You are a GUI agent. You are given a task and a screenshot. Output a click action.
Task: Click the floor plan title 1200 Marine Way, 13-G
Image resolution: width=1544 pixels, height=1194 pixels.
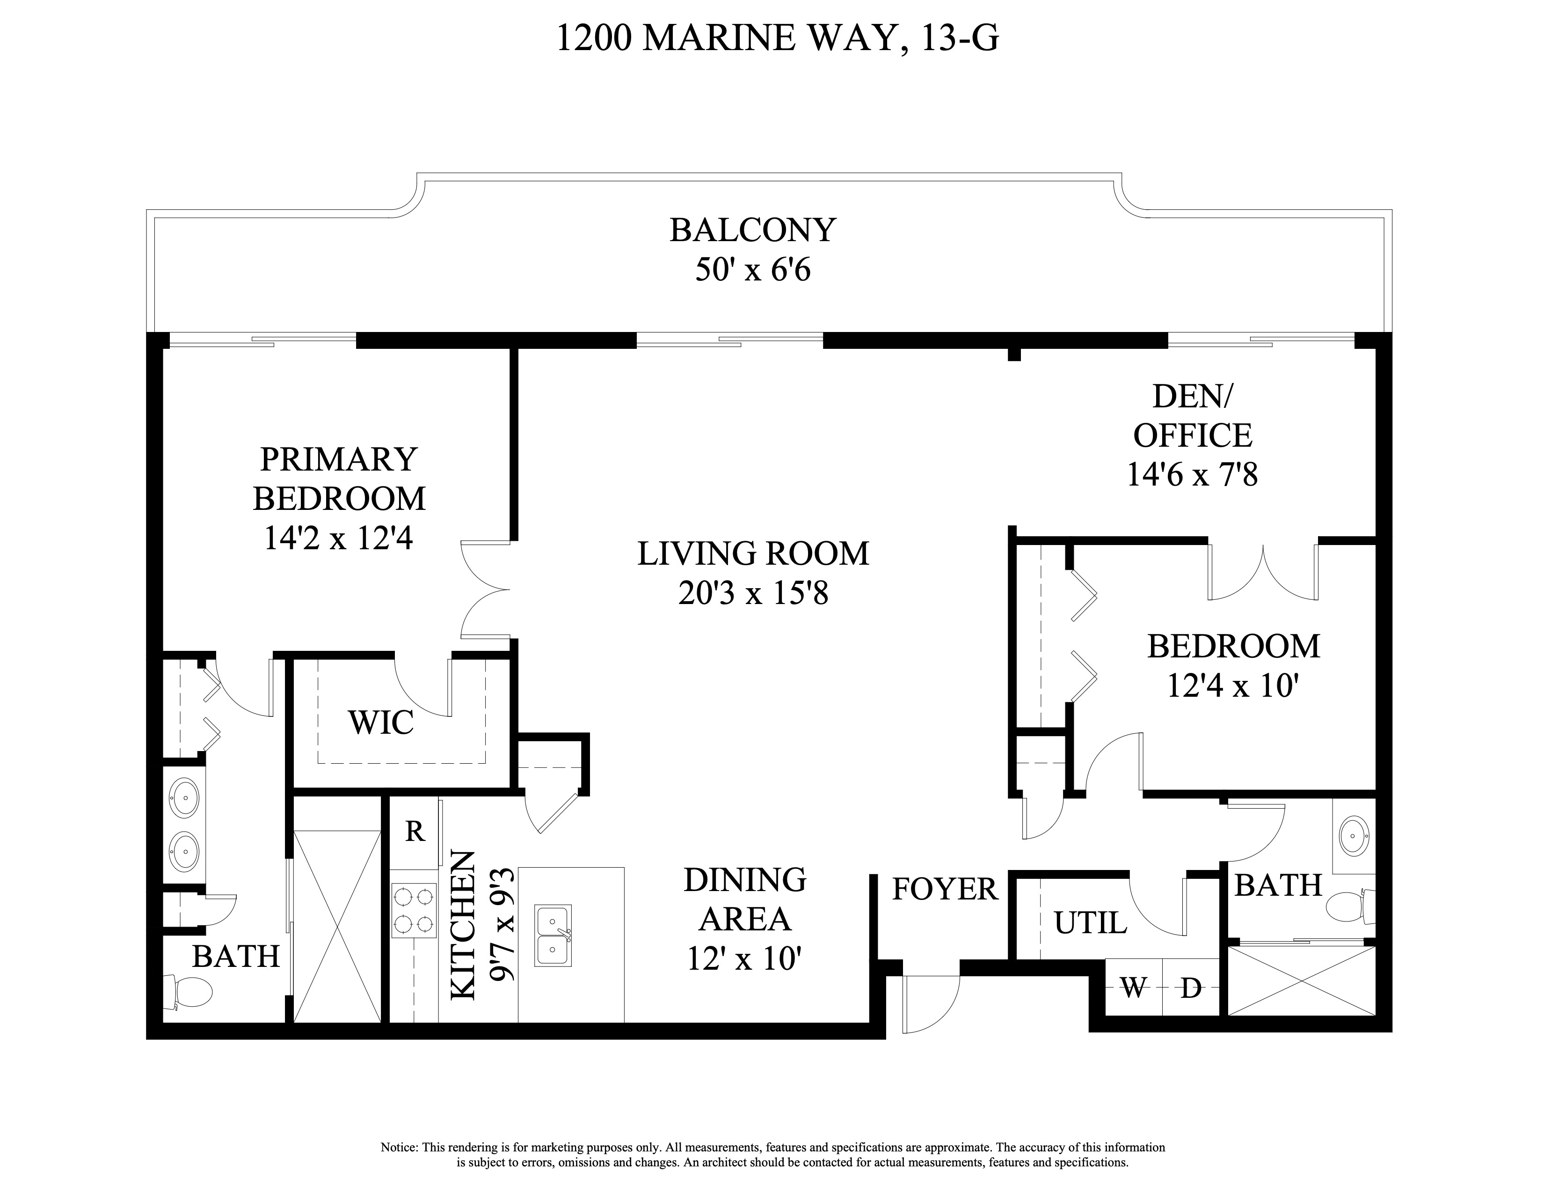(777, 38)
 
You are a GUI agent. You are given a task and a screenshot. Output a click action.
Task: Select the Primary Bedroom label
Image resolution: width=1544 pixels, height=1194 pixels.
(339, 479)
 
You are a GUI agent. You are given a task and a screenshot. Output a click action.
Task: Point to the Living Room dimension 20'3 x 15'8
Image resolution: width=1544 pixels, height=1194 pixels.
(752, 593)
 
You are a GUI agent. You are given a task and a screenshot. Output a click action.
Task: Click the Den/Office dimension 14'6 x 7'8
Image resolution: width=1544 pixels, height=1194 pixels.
(1192, 475)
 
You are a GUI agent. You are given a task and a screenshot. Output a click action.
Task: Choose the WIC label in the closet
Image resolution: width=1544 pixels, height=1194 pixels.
(380, 723)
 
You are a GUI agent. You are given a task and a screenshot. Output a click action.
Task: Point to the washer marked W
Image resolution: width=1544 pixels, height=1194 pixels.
(1133, 988)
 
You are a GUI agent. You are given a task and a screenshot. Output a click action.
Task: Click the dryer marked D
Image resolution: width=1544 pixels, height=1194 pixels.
(1191, 988)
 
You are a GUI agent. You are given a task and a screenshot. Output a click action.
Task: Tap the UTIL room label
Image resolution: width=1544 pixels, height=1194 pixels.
(1090, 923)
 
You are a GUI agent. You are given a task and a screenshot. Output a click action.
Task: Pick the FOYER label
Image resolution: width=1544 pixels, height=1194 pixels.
(945, 889)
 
